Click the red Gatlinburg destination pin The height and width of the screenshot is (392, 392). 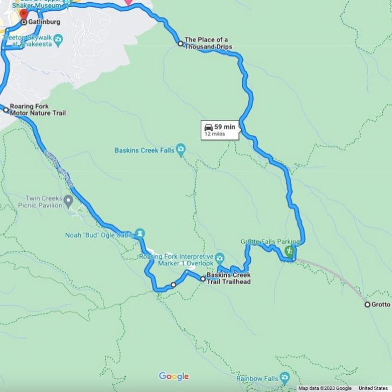23,13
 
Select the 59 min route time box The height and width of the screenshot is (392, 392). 220,130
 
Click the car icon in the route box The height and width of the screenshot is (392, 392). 208,127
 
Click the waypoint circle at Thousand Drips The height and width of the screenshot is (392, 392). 180,44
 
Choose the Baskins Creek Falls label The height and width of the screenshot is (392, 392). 144,151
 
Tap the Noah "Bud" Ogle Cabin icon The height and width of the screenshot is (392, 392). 140,233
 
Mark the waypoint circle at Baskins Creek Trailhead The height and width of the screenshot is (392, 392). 203,279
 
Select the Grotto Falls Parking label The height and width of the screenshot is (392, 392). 263,242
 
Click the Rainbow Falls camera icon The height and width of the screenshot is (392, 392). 285,378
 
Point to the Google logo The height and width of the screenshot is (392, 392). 173,376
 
